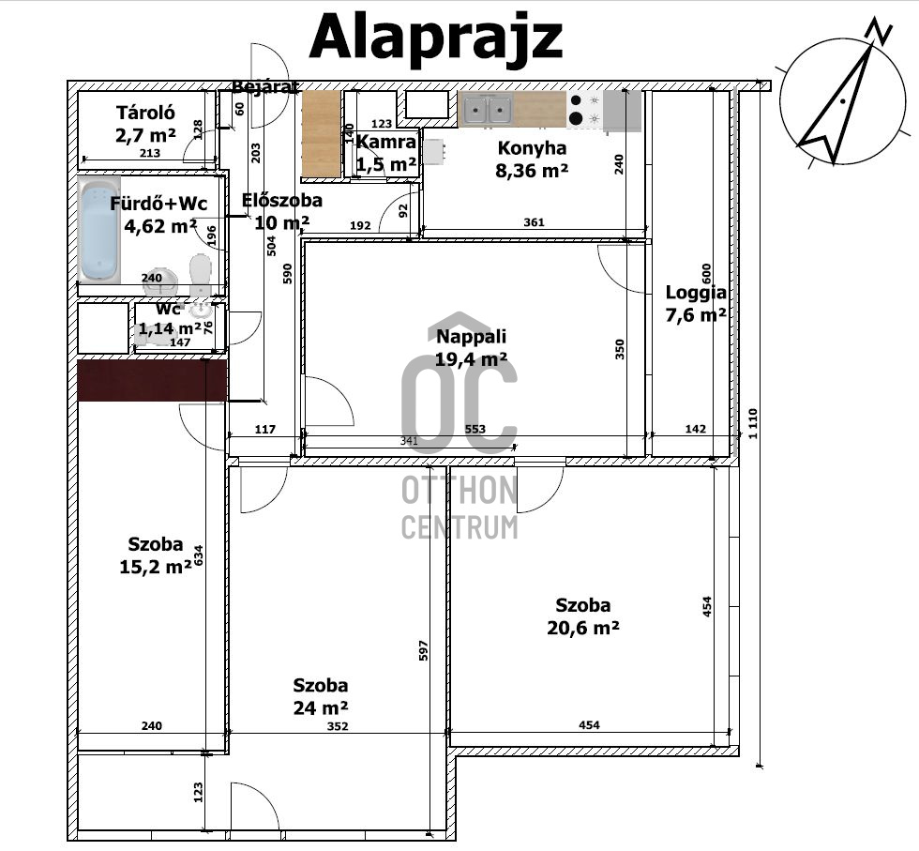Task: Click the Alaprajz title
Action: coord(435,38)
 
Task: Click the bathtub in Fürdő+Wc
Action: coord(99,230)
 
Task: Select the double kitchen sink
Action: coord(488,109)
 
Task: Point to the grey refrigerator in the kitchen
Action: coord(622,110)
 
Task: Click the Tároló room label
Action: coord(145,112)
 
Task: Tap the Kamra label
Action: coord(386,142)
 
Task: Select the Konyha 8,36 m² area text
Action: coord(532,170)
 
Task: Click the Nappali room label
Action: coord(471,337)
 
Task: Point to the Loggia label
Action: coord(696,292)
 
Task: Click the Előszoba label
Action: coord(282,200)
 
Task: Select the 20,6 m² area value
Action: coord(583,628)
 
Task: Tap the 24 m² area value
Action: coord(321,707)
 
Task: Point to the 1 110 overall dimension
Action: coord(753,423)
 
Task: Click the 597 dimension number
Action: coord(424,650)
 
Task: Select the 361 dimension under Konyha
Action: coord(534,222)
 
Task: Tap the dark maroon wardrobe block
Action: coord(152,381)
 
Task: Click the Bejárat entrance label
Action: coord(265,87)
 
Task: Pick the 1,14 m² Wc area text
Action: coord(170,328)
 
